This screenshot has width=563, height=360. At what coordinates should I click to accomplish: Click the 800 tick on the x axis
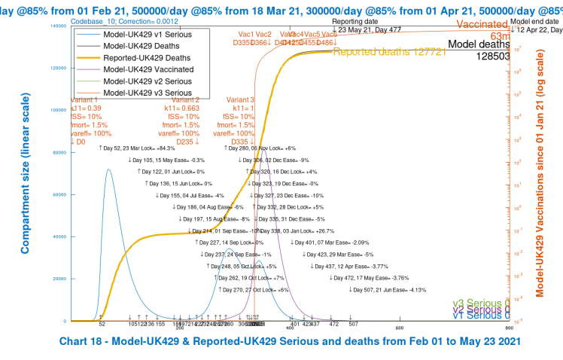[x=510, y=328]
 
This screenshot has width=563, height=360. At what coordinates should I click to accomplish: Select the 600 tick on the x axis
[x=400, y=328]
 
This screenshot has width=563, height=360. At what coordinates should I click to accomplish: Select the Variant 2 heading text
[x=185, y=99]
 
